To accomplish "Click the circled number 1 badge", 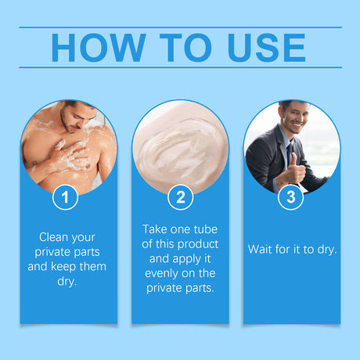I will tap(66, 197).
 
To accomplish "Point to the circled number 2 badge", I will tap(180, 197).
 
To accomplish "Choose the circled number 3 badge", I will tap(291, 197).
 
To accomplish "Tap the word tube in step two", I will tap(204, 229).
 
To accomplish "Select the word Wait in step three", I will tap(262, 249).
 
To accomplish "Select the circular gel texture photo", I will tap(180, 149).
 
